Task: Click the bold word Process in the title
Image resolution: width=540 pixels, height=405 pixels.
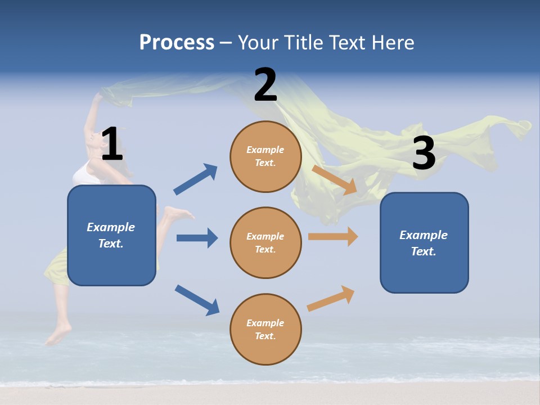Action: (x=177, y=42)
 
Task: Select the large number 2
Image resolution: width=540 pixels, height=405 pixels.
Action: (x=265, y=85)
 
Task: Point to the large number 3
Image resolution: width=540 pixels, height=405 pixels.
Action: (x=424, y=153)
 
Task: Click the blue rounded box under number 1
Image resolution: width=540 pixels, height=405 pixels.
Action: (x=111, y=235)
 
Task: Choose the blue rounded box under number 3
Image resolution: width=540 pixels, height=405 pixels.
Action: (x=424, y=242)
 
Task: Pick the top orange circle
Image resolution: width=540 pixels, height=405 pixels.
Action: (x=265, y=156)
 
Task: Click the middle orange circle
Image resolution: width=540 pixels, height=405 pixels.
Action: (x=265, y=242)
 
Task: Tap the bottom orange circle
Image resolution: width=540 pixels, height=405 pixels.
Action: (x=265, y=329)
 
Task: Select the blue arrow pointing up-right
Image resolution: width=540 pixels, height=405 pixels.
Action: (x=195, y=179)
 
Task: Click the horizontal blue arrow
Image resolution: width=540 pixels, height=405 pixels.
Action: (x=197, y=238)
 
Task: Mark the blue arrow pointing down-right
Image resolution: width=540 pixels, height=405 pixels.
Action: (x=197, y=299)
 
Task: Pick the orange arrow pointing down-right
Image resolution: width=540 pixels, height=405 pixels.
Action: (x=334, y=180)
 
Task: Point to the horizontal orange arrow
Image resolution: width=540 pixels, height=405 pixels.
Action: (x=332, y=236)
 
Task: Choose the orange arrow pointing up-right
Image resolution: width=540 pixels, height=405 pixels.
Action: (x=331, y=299)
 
